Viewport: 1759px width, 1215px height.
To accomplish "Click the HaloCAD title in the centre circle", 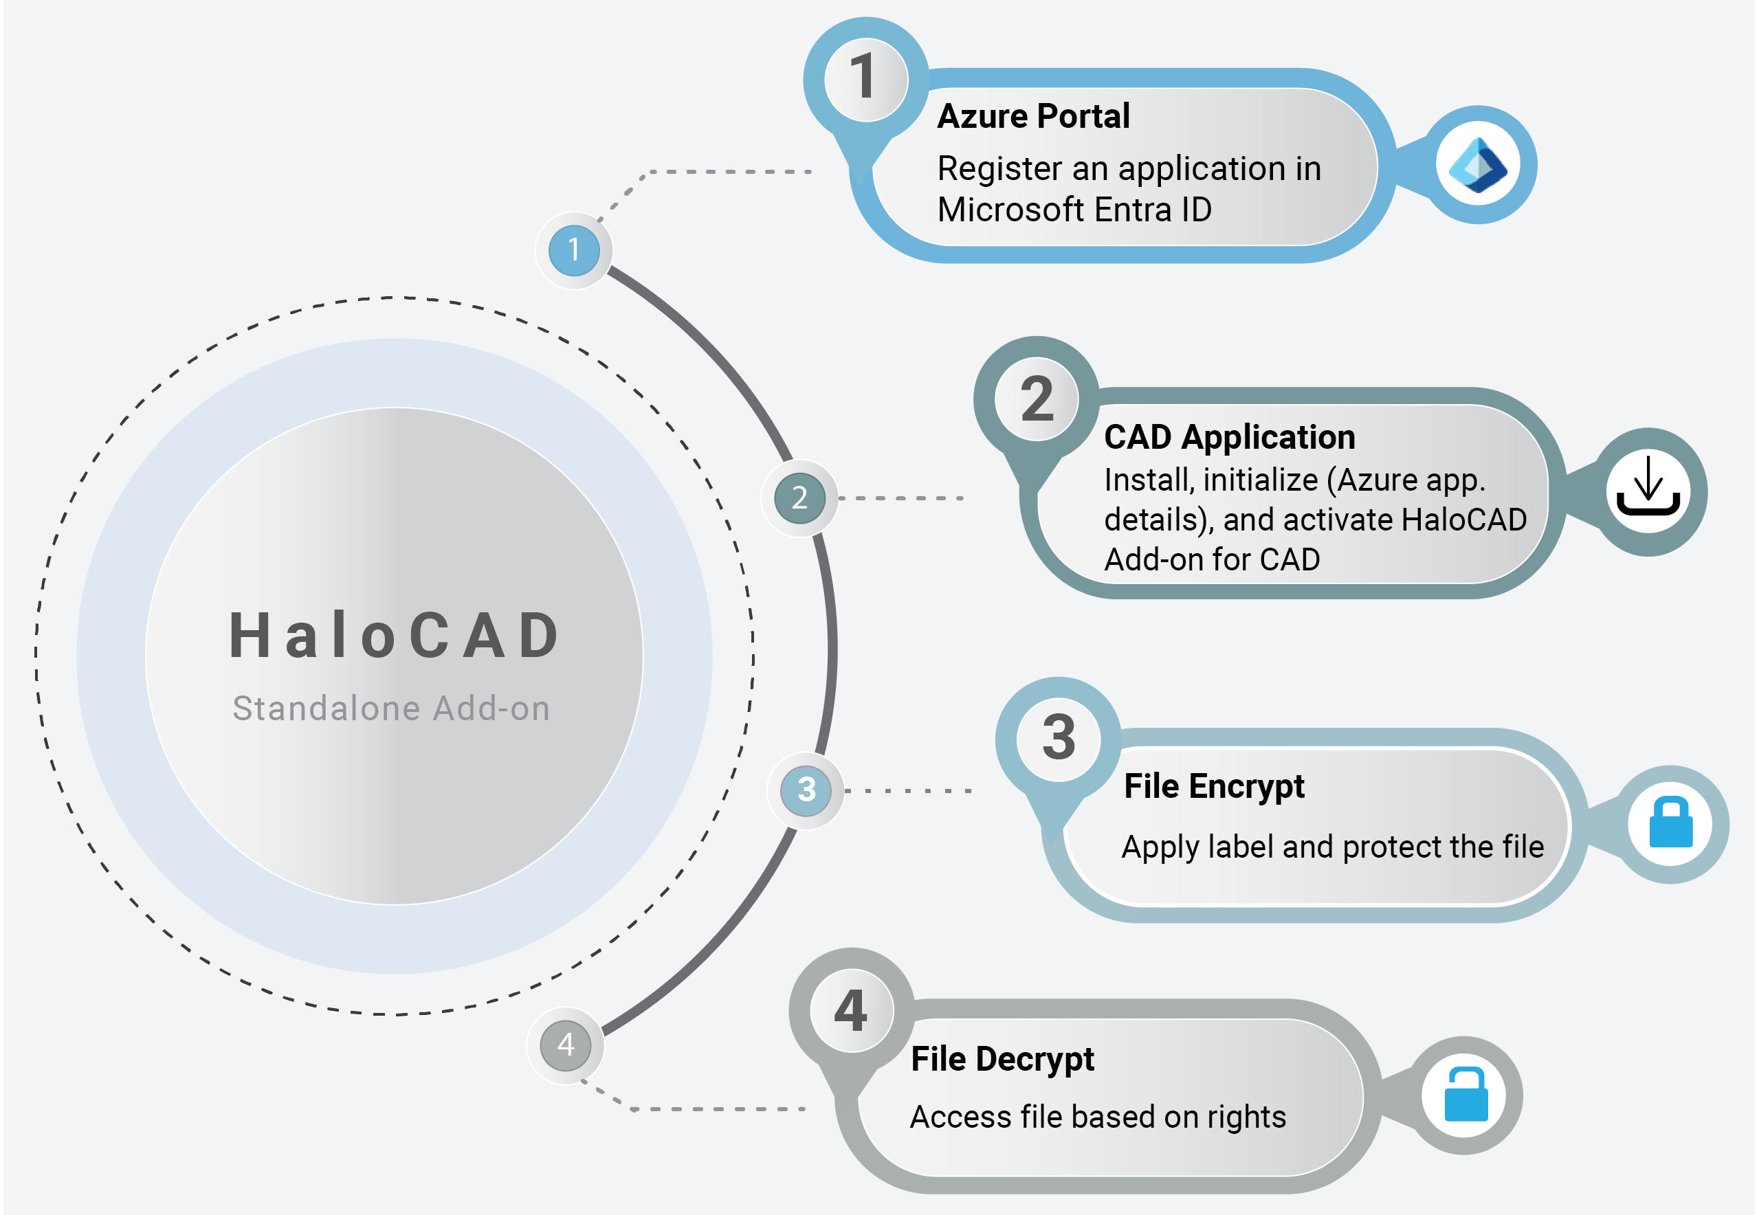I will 395,636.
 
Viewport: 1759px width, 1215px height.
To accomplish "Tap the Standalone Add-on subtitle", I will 391,709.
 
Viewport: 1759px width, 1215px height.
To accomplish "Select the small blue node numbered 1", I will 574,250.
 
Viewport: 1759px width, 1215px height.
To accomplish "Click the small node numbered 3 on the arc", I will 806,790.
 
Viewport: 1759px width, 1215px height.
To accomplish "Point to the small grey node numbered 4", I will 566,1045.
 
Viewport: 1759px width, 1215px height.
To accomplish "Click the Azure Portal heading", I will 1033,116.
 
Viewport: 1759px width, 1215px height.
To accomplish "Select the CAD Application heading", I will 1230,437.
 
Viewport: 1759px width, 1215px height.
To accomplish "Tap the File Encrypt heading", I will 1214,786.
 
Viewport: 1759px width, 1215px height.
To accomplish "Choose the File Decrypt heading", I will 1002,1059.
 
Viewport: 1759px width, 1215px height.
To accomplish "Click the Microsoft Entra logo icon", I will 1477,165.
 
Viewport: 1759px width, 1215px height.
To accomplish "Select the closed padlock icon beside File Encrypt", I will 1670,824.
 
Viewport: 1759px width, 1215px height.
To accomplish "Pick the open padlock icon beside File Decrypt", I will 1465,1095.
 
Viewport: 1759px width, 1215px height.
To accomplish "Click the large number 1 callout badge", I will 866,78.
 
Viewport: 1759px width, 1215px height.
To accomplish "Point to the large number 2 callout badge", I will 1037,399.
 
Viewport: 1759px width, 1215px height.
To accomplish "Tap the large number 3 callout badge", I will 1059,739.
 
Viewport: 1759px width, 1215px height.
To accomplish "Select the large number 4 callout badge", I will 852,1011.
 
